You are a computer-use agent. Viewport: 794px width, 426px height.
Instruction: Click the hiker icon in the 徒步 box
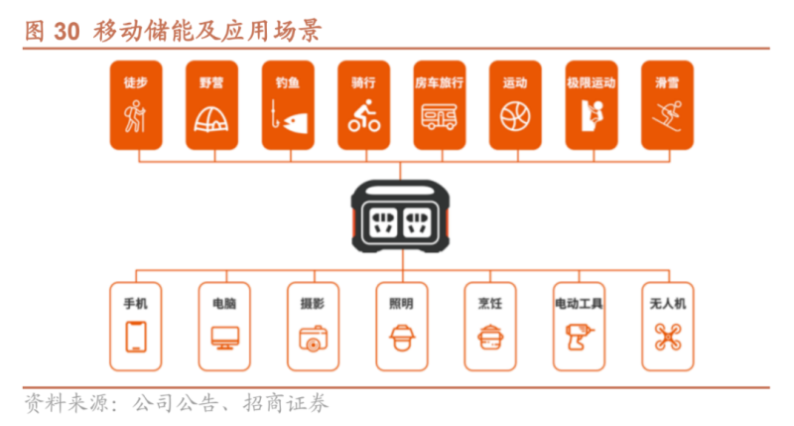click(136, 119)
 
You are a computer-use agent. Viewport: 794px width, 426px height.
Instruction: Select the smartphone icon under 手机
click(136, 337)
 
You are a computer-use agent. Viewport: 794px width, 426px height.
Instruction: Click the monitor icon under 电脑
click(224, 339)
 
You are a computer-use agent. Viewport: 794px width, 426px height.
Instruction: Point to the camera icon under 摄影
click(313, 339)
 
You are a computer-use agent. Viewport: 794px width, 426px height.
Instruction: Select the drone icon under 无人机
click(667, 338)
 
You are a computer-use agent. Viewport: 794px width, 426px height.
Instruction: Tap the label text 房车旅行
click(439, 82)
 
